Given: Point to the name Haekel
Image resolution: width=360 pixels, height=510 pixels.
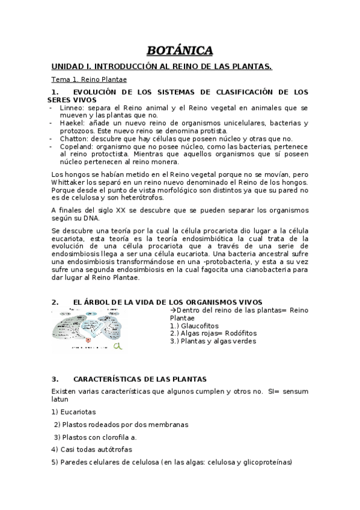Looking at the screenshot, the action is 72,123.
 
